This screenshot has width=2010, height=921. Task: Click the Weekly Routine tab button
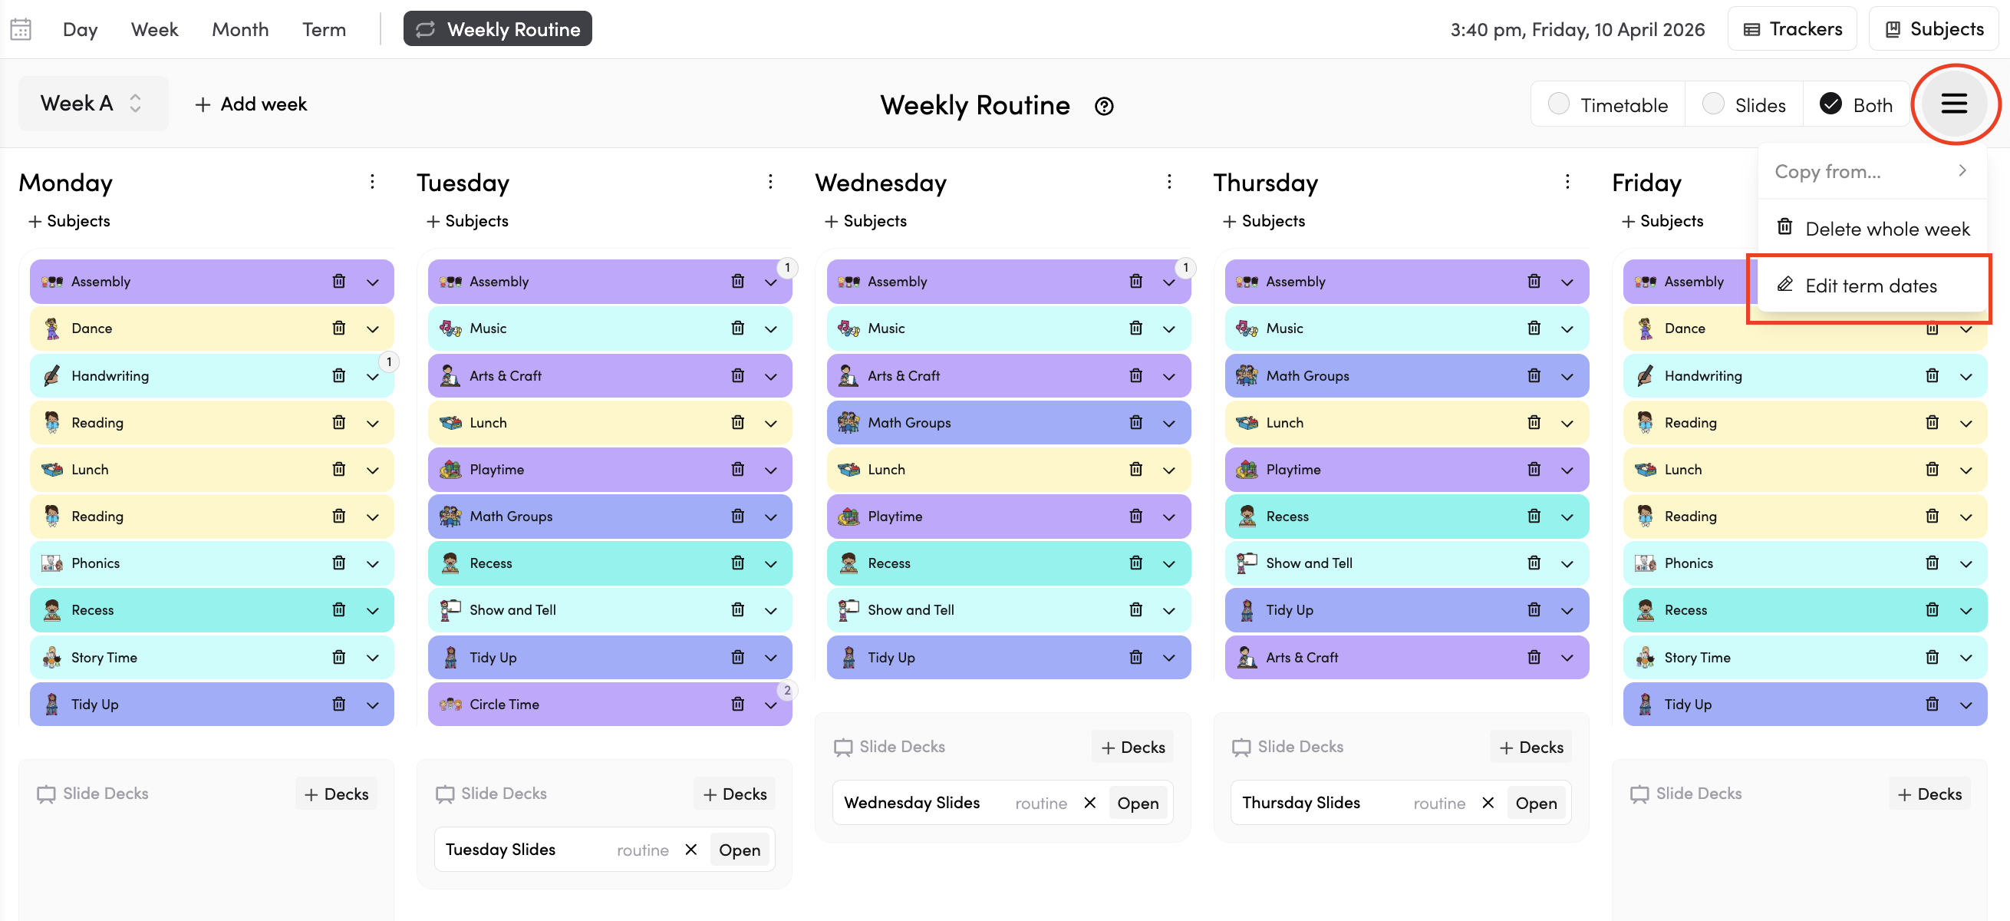497,29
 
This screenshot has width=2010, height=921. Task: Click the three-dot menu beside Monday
372,182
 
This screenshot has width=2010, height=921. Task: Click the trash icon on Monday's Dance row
338,328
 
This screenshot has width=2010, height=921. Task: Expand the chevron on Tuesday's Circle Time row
771,705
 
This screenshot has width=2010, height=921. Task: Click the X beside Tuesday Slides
690,849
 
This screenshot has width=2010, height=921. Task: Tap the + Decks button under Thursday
1531,747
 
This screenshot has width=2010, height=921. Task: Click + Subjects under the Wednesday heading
865,221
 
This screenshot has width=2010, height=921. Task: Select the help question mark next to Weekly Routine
1103,106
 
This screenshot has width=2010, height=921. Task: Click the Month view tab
239,29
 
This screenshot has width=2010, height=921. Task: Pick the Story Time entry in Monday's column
104,657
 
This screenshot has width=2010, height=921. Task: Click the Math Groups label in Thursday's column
1307,375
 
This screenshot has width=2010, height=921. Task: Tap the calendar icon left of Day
20,29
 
